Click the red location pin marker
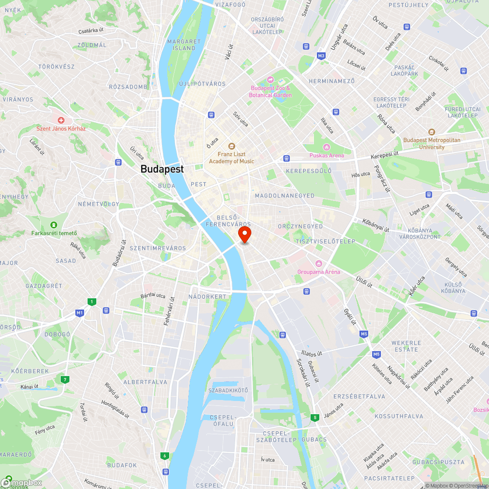pos(244,234)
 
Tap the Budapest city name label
pos(162,169)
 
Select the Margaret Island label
pos(184,45)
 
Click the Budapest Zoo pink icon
pos(270,80)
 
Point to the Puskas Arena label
pos(326,156)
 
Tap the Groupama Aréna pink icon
pos(319,264)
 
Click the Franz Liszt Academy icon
pos(231,146)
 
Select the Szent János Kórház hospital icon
pos(61,120)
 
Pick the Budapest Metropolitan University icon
pos(431,133)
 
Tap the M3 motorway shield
pos(321,56)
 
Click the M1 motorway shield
pos(80,312)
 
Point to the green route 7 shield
pos(64,379)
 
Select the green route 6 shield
pos(165,456)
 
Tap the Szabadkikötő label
pos(228,390)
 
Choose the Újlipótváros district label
pos(202,84)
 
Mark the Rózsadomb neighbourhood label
pos(128,87)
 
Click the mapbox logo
pos(22,483)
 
